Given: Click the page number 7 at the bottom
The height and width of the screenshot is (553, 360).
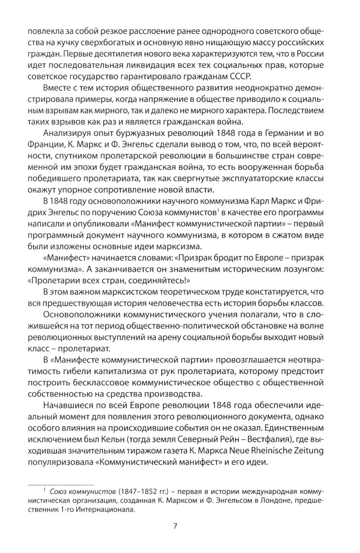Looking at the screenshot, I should [x=175, y=526].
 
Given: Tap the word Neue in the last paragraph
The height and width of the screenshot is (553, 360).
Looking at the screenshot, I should [x=237, y=451].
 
